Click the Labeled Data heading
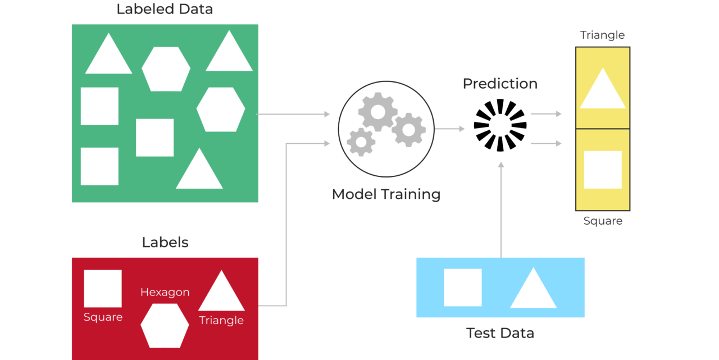click(165, 10)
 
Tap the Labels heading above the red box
click(165, 243)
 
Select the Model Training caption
click(386, 194)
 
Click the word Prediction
click(500, 84)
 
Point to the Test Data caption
click(500, 333)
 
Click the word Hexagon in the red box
click(165, 293)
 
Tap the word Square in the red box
click(103, 317)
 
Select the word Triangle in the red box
click(221, 321)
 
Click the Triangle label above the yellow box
click(602, 35)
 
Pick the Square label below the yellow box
click(603, 221)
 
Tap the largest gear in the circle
click(377, 112)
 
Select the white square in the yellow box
click(603, 170)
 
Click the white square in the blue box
click(463, 288)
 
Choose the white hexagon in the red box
click(165, 326)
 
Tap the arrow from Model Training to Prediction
click(449, 129)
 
